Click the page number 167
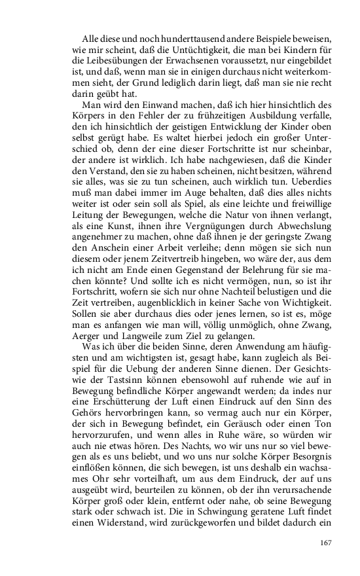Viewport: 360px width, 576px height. [x=326, y=543]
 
